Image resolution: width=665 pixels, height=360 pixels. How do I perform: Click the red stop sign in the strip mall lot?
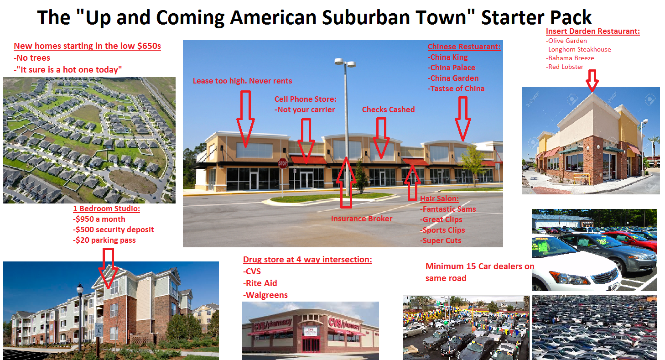coord(283,163)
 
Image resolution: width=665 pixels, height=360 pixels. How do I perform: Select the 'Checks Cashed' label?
coord(388,110)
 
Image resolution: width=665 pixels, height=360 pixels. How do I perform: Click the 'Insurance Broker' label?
coord(362,219)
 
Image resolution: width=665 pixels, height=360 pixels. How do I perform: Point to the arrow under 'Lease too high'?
coord(245,119)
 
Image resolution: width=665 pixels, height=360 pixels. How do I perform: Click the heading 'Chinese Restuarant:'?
coord(464,47)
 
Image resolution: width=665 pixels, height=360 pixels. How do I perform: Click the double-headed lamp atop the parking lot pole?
coord(345,63)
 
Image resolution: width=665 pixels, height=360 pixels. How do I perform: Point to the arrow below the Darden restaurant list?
coord(592,80)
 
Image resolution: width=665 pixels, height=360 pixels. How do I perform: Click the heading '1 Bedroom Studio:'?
coord(107,209)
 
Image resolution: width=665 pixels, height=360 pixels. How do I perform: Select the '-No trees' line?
coord(32,57)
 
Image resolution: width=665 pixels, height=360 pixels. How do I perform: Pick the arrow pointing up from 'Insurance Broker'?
coord(346,182)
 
